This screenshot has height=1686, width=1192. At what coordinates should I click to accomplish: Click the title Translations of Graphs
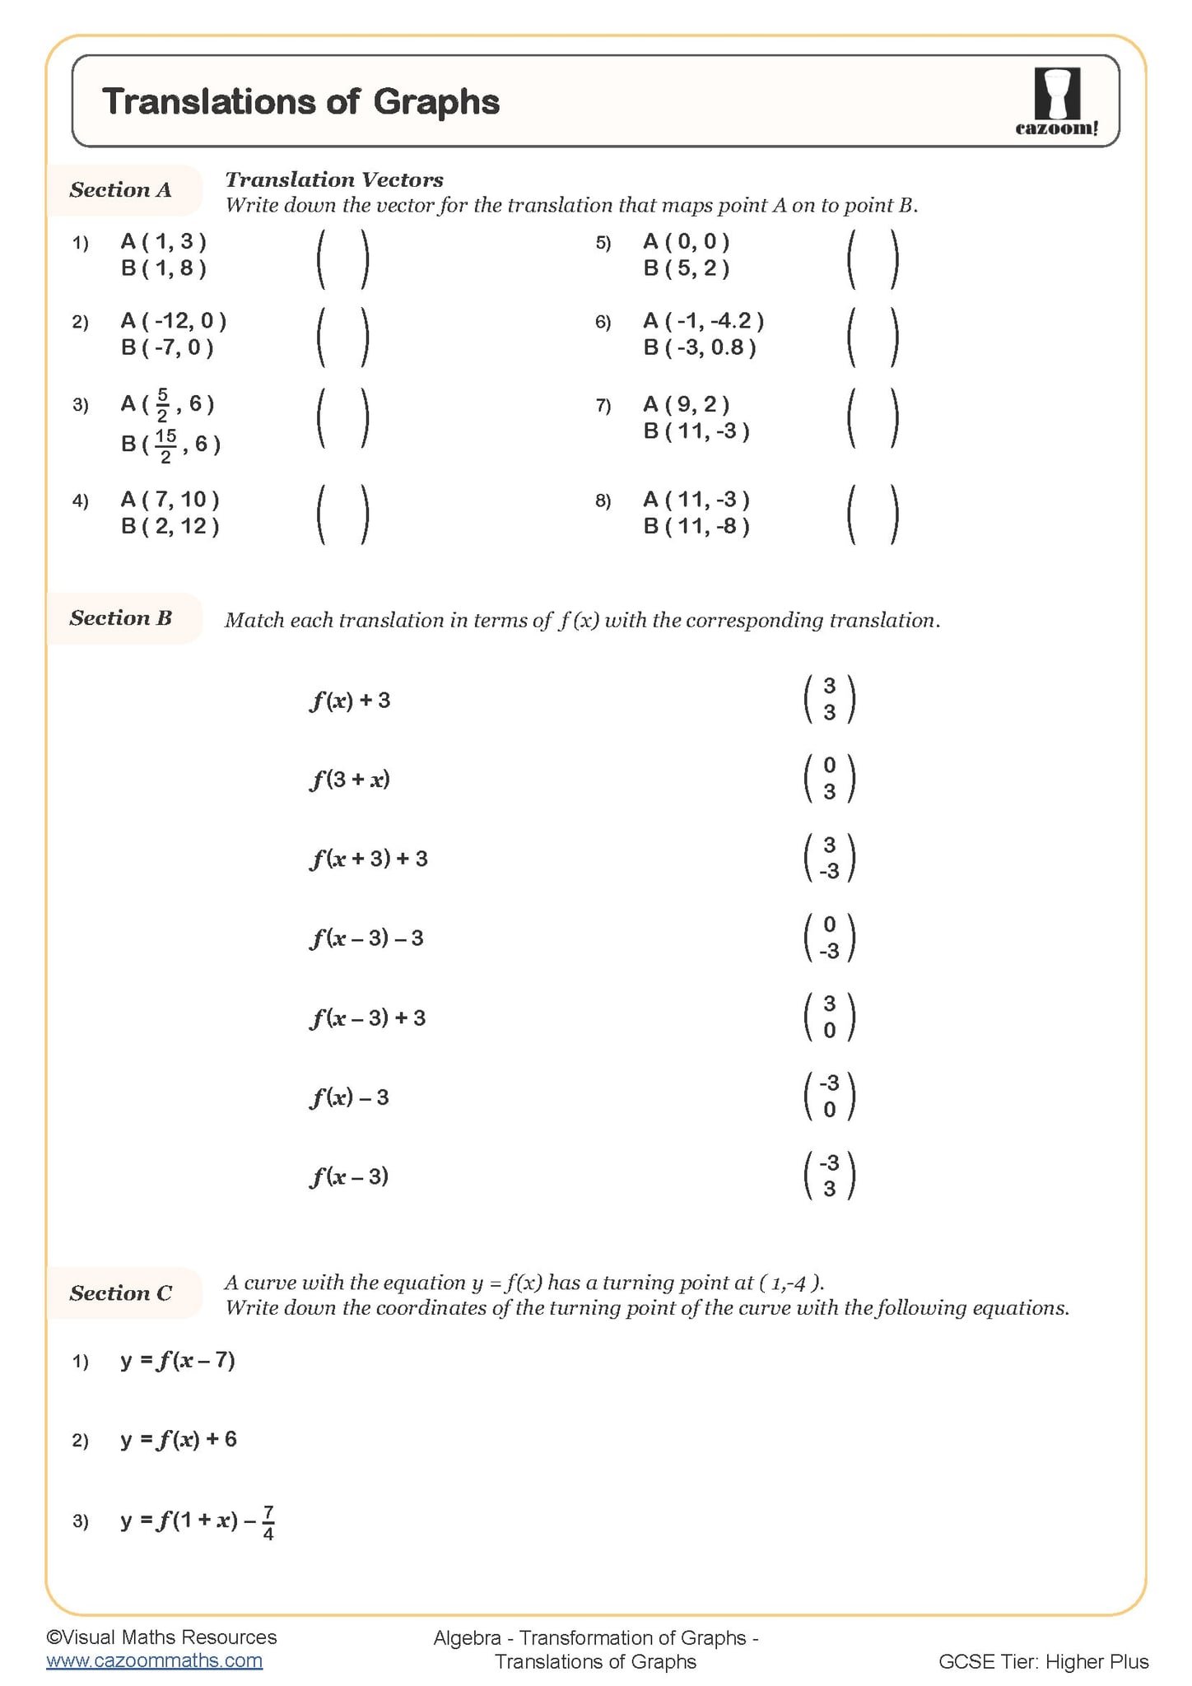(x=300, y=102)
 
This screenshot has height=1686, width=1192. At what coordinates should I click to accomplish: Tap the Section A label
(x=121, y=190)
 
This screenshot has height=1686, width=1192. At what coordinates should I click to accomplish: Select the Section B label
(x=121, y=618)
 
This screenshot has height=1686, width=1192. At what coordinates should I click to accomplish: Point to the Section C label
(x=121, y=1293)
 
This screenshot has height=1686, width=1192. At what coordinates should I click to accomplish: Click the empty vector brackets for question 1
(x=342, y=258)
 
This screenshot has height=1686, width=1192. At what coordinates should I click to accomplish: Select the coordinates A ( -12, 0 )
(x=174, y=320)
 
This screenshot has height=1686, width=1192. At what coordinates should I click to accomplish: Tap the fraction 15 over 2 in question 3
(x=165, y=445)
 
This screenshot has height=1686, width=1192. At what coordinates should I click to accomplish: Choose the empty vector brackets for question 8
(x=873, y=515)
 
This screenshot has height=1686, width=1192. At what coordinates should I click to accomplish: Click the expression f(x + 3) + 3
(x=370, y=859)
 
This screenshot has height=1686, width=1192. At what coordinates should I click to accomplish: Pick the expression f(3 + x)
(x=350, y=779)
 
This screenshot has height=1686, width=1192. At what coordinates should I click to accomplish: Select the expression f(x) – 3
(x=350, y=1097)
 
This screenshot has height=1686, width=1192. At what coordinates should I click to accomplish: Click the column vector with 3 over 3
(x=829, y=699)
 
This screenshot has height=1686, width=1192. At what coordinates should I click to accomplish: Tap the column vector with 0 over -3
(x=829, y=938)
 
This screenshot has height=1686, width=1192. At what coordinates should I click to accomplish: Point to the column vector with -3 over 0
(x=829, y=1097)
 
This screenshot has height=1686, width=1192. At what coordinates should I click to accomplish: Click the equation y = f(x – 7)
(x=179, y=1360)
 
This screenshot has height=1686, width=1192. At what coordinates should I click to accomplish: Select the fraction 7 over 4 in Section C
(x=268, y=1524)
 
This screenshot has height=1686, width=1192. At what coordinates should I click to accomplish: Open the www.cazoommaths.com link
(x=155, y=1660)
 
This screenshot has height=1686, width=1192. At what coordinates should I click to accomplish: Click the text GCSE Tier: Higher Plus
(x=1043, y=1661)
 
